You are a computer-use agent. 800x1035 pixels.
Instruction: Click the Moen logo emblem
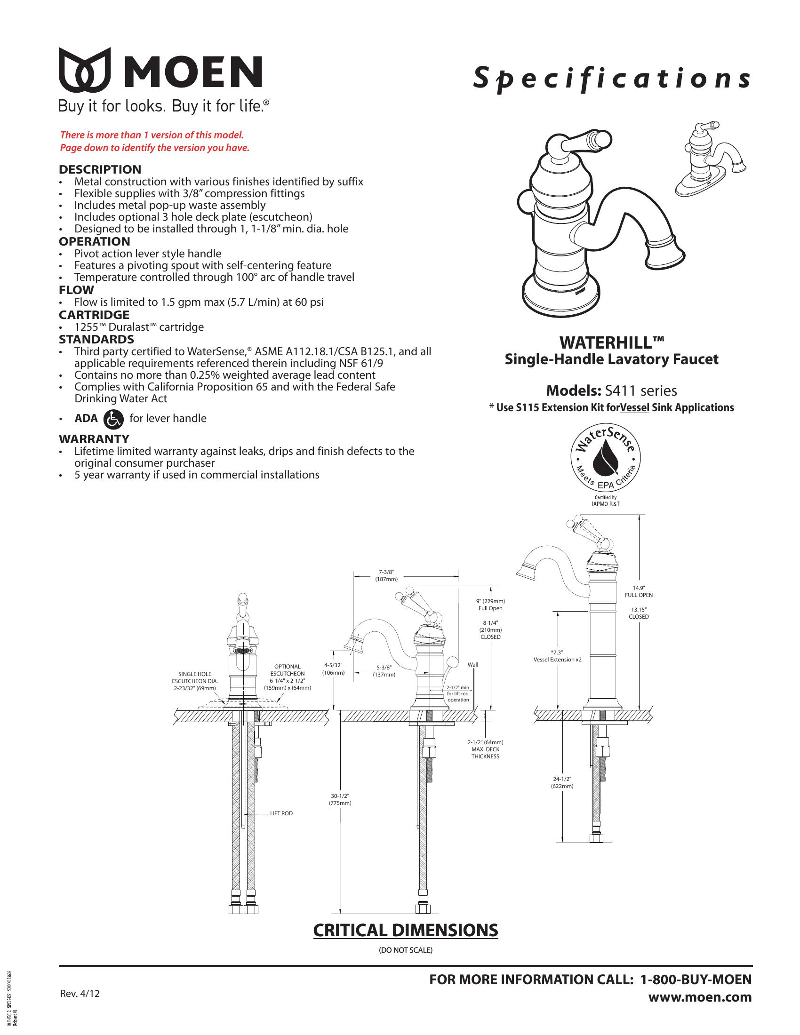click(84, 70)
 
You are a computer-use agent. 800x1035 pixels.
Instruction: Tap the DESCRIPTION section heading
click(100, 170)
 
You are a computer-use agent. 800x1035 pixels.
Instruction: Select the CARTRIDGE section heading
click(94, 315)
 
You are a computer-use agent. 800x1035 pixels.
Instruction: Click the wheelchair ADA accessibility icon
click(113, 419)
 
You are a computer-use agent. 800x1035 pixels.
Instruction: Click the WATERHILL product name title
click(611, 342)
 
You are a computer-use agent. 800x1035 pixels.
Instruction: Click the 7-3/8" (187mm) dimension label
click(386, 575)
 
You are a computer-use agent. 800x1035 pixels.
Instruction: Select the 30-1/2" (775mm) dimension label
click(340, 799)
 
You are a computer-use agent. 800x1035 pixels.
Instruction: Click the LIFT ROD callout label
click(281, 813)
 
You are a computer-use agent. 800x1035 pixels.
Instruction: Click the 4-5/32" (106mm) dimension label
click(333, 669)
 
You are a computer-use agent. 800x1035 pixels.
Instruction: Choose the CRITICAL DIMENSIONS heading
click(406, 930)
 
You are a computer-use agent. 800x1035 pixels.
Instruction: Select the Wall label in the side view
click(473, 664)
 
